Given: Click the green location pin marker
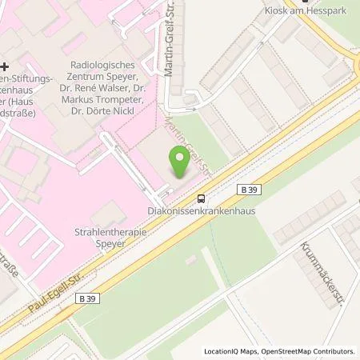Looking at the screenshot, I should click(181, 162).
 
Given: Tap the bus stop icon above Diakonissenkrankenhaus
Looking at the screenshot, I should click(202, 199).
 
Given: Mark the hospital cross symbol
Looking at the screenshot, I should click(5, 66).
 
